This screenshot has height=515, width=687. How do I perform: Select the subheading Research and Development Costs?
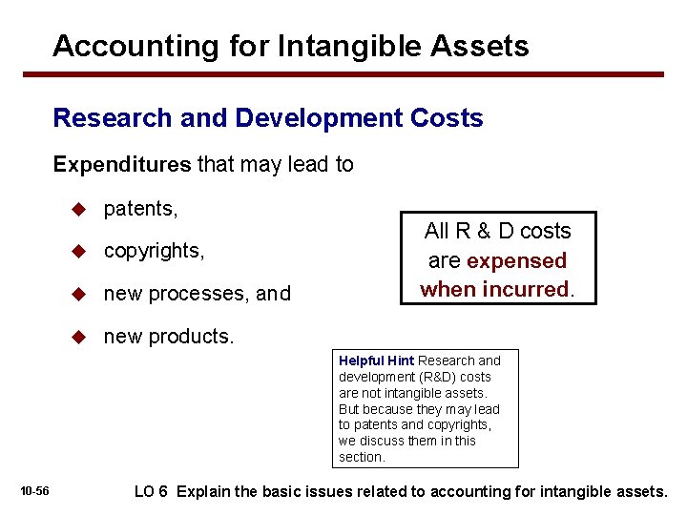point(268,118)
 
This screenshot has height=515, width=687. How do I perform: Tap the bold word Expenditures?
point(122,164)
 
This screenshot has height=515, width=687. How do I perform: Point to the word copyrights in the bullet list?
point(154,251)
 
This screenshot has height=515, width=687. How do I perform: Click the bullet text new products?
point(168,336)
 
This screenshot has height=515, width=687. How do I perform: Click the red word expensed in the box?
point(517,260)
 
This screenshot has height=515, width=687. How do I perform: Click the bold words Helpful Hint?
point(376,360)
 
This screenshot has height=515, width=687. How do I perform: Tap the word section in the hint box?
point(362,457)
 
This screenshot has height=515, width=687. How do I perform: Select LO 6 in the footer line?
point(152,492)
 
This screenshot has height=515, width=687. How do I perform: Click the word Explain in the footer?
point(203,492)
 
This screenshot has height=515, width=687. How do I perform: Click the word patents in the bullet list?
point(140,209)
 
